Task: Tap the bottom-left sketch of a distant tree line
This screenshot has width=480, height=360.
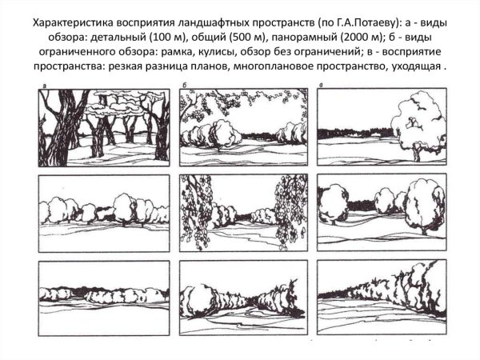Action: (104, 297)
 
